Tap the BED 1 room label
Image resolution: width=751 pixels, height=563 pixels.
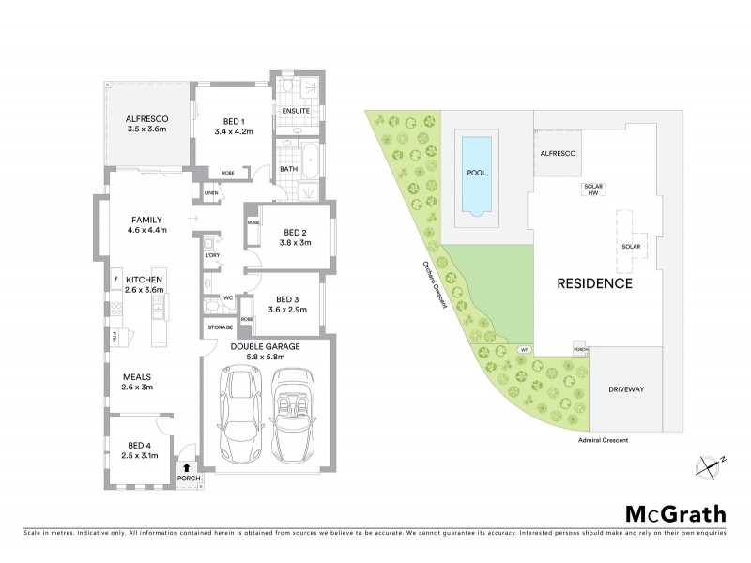coord(235,119)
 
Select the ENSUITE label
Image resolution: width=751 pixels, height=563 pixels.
coord(298,111)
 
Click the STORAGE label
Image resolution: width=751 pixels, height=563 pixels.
coord(221,327)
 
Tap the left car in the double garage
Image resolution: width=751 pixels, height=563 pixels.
coord(241,414)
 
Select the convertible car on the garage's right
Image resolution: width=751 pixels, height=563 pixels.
coord(296,414)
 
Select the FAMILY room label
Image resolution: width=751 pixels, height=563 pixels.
coord(146,219)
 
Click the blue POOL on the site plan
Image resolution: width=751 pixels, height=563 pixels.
coord(477,174)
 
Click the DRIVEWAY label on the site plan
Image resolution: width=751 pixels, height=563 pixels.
coord(630,388)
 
